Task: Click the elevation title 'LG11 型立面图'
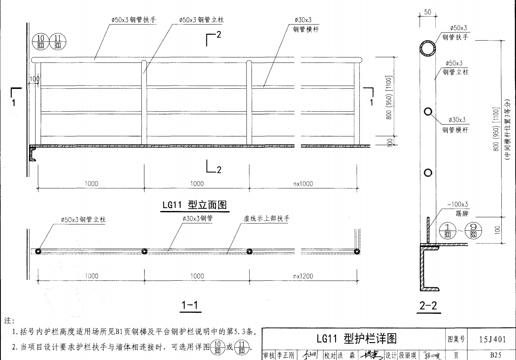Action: click(195, 205)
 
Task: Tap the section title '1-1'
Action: click(190, 305)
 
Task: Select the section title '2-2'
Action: click(428, 306)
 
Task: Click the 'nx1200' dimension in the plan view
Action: click(303, 276)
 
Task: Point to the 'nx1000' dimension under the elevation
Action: click(303, 184)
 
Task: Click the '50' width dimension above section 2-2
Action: click(427, 12)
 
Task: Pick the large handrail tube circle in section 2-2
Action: click(428, 48)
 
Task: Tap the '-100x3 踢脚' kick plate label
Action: click(458, 209)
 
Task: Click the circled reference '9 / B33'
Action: click(473, 230)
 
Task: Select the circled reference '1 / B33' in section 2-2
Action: click(448, 230)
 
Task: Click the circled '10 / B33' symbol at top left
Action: click(41, 42)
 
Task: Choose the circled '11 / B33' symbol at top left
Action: click(58, 42)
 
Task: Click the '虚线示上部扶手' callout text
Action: click(266, 218)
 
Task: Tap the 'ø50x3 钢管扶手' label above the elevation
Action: click(133, 20)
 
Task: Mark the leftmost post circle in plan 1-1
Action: click(38, 251)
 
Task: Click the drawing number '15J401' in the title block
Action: click(492, 339)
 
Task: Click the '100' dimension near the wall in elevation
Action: click(34, 79)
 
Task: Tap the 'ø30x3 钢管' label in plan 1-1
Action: click(198, 218)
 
